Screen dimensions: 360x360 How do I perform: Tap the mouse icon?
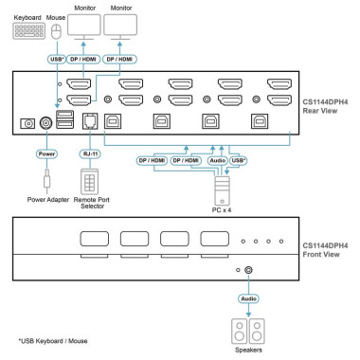(54, 31)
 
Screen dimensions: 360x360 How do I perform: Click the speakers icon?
(248, 331)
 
